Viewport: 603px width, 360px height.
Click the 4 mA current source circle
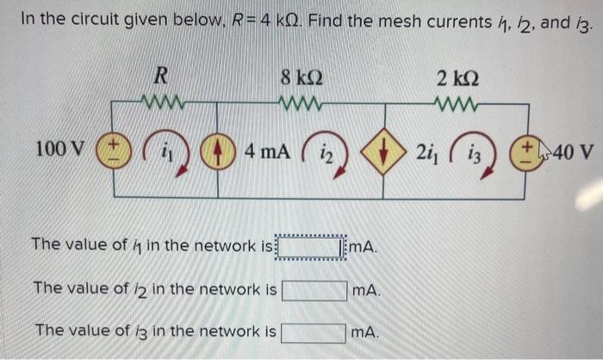click(215, 152)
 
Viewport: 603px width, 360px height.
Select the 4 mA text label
click(267, 152)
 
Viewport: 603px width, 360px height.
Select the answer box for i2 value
click(314, 290)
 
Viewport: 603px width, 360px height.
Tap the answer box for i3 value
click(314, 332)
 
